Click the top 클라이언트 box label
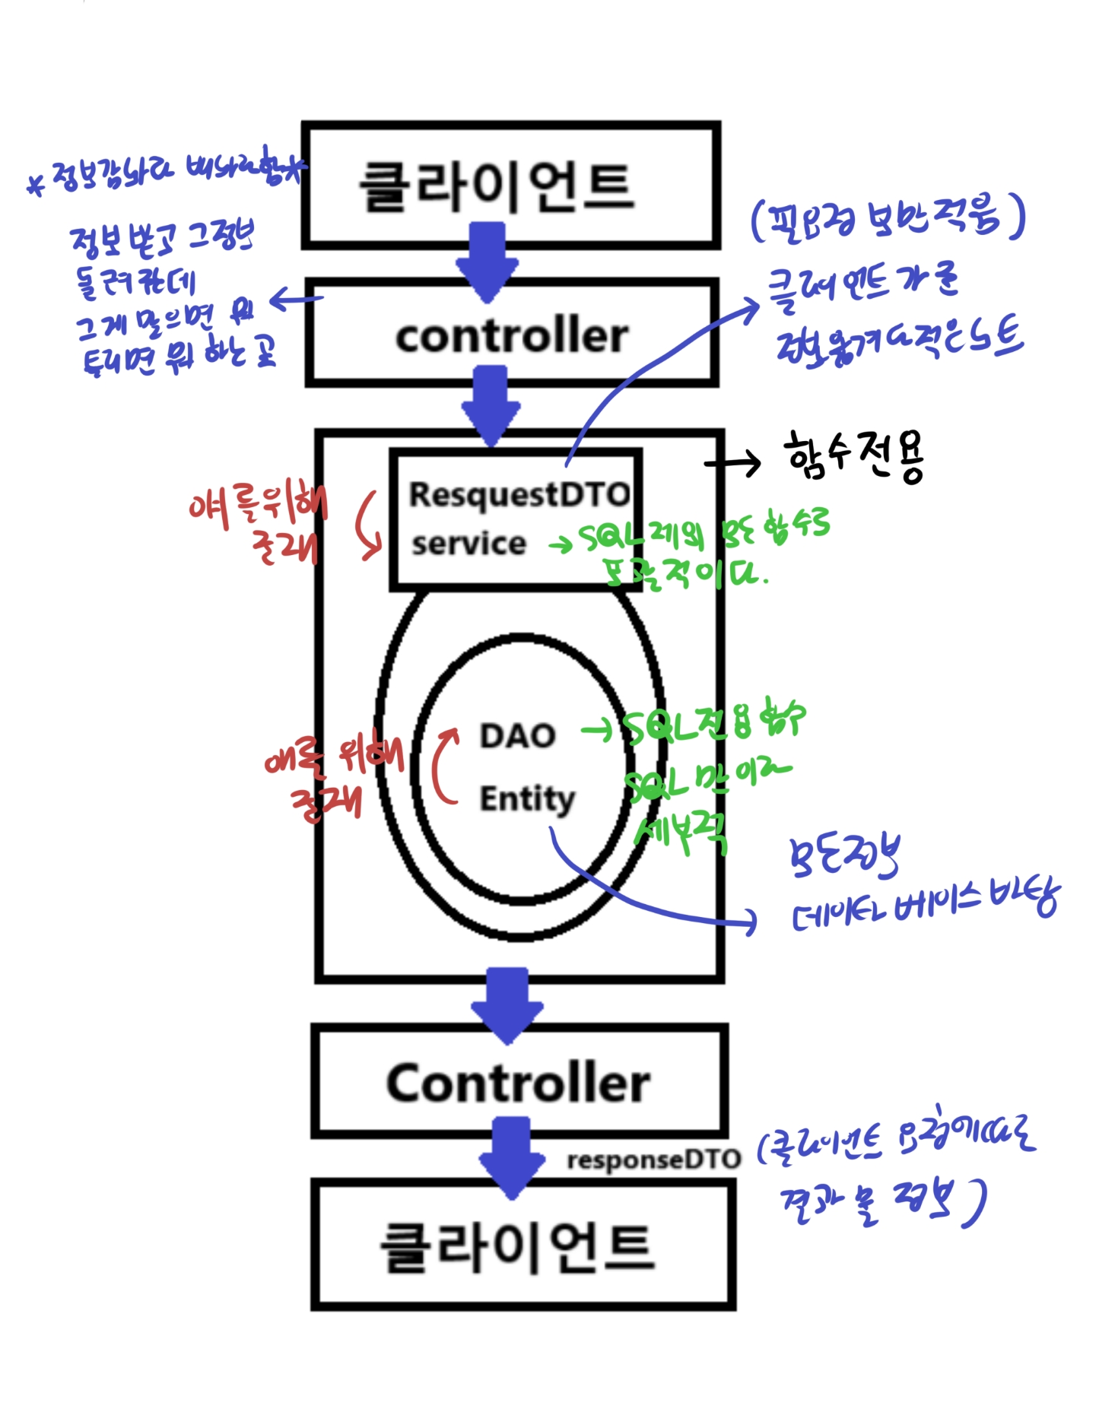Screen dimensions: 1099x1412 pyautogui.click(x=496, y=187)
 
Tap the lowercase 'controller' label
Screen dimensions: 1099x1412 pyautogui.click(x=512, y=335)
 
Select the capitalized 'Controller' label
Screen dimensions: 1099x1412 pyautogui.click(x=518, y=1083)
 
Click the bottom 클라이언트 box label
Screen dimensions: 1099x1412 pyautogui.click(x=517, y=1248)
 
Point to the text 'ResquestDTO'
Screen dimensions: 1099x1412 pyautogui.click(x=519, y=494)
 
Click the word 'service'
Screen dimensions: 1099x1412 pyautogui.click(x=469, y=544)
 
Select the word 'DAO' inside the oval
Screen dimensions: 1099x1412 pyautogui.click(x=517, y=735)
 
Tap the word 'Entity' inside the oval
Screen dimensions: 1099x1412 pyautogui.click(x=526, y=799)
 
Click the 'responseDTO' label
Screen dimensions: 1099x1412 pyautogui.click(x=653, y=1160)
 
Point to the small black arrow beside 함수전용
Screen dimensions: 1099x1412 pyautogui.click(x=733, y=462)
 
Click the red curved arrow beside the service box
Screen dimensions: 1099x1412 pyautogui.click(x=369, y=525)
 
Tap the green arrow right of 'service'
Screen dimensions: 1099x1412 pyautogui.click(x=561, y=544)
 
